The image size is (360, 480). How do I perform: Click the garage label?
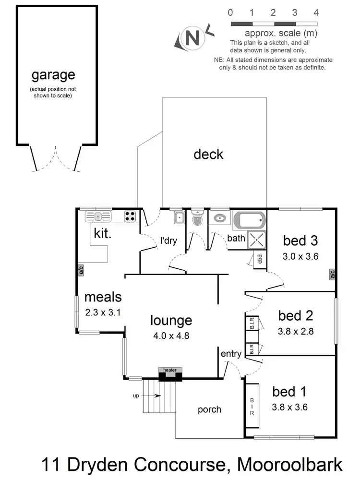pyautogui.click(x=53, y=75)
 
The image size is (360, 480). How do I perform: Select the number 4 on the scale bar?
pyautogui.click(x=315, y=12)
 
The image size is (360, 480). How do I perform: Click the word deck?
pyautogui.click(x=208, y=154)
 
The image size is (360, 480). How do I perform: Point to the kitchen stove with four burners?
pyautogui.click(x=130, y=216)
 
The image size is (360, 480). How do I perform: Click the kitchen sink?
pyautogui.click(x=98, y=216)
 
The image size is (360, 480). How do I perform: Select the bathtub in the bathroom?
pyautogui.click(x=249, y=221)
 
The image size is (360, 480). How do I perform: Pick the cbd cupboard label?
pyautogui.click(x=260, y=259)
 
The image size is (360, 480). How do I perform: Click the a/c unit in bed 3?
pyautogui.click(x=332, y=274)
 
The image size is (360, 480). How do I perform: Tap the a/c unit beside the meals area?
pyautogui.click(x=81, y=270)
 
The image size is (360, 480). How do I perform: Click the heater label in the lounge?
pyautogui.click(x=170, y=370)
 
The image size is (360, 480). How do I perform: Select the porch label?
pyautogui.click(x=209, y=409)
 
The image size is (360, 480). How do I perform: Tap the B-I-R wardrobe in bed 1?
pyautogui.click(x=252, y=406)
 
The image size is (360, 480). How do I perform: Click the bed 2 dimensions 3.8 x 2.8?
pyautogui.click(x=296, y=331)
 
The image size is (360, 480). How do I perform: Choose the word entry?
pyautogui.click(x=231, y=354)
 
